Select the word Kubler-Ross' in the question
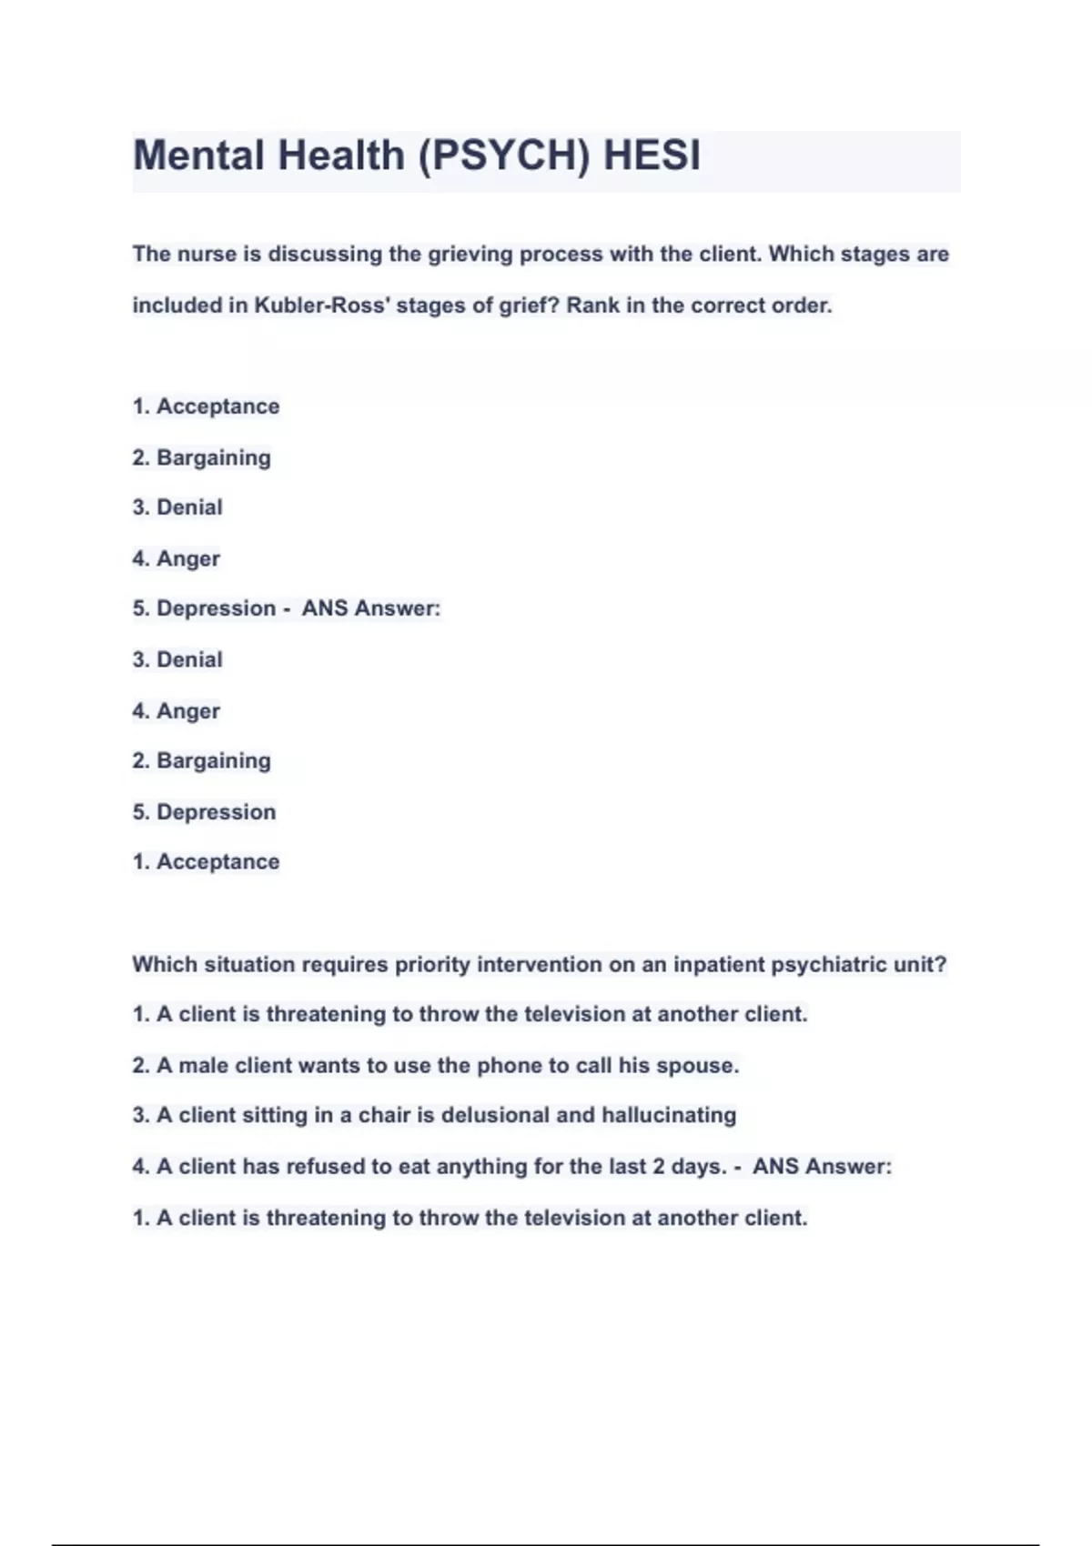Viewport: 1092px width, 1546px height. point(322,306)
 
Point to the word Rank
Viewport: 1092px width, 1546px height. point(592,306)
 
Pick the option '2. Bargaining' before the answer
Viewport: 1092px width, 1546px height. point(202,457)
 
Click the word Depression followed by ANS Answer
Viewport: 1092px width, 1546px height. point(216,608)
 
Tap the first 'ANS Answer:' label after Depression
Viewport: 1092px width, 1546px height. point(370,608)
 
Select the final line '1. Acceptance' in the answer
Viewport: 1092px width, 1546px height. point(206,862)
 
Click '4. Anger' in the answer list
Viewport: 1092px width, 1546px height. point(177,711)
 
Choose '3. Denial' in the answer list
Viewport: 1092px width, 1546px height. point(177,659)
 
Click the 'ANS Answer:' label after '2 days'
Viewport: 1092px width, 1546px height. point(822,1167)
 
